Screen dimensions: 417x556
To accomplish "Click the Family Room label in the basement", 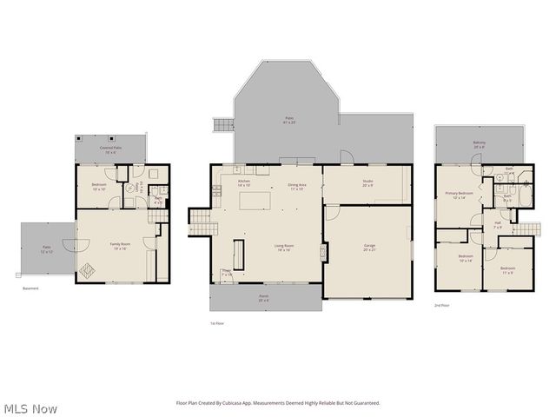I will coord(119,246).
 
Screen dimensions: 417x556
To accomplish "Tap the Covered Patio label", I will coord(109,149).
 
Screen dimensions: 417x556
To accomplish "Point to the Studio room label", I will coord(367,182).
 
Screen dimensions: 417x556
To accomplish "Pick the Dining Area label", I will coord(295,185).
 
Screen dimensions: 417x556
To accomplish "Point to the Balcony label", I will coord(480,144).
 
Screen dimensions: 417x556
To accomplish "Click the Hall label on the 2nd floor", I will coord(498,225).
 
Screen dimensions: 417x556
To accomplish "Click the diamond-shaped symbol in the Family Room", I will coord(88,270).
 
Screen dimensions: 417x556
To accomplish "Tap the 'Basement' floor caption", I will coord(30,288).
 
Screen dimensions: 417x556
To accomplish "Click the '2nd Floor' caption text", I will coord(443,306).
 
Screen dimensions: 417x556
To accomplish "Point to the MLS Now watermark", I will coord(30,407).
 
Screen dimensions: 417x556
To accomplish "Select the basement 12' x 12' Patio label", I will coord(46,248).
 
